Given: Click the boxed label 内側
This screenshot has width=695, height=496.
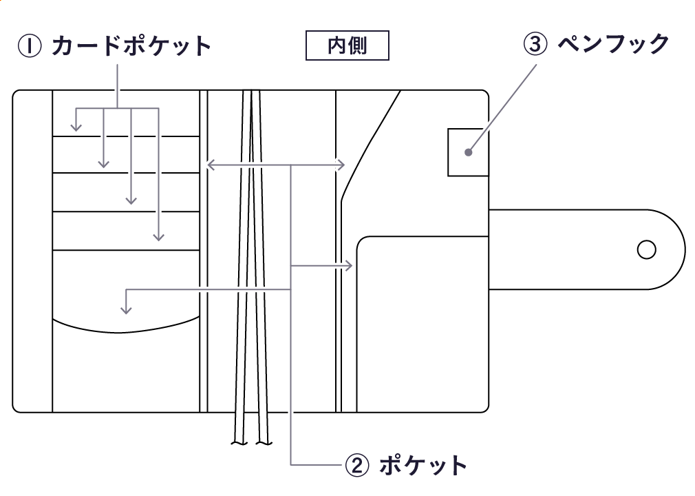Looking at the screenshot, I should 347,46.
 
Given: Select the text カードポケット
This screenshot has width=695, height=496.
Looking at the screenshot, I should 131,47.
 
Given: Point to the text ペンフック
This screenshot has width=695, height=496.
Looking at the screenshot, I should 612,45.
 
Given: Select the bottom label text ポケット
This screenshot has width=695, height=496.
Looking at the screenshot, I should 423,466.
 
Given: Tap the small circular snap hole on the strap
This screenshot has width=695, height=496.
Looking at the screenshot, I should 646,249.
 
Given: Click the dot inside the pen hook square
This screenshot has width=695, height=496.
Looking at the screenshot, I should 468,152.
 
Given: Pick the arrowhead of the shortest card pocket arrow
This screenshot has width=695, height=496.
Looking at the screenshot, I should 76,128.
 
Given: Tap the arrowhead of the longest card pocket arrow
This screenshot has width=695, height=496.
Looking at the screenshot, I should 159,237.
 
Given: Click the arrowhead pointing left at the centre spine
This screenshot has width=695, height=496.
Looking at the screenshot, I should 210,165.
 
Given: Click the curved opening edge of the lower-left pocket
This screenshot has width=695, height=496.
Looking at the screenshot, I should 126,324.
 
